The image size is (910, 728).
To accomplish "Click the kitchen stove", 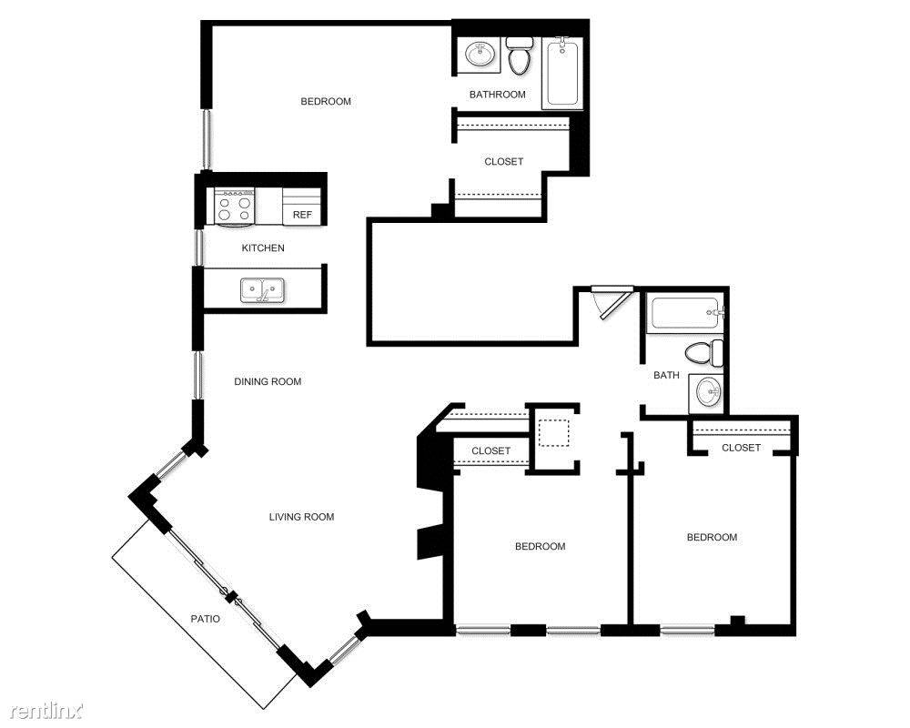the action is pyautogui.click(x=235, y=206).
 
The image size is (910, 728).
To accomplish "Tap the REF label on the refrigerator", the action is pyautogui.click(x=302, y=215).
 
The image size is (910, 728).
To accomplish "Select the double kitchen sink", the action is pyautogui.click(x=262, y=290).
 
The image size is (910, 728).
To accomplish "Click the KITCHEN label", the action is pyautogui.click(x=263, y=248).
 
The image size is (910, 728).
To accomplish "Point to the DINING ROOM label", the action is pyautogui.click(x=268, y=381).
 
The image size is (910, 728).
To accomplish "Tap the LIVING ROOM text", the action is pyautogui.click(x=302, y=517).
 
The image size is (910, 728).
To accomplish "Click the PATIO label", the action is pyautogui.click(x=206, y=619).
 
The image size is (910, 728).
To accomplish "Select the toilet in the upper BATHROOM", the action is pyautogui.click(x=519, y=56).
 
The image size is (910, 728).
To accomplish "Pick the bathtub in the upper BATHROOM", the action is pyautogui.click(x=562, y=73).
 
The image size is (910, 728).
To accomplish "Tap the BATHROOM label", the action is pyautogui.click(x=498, y=94).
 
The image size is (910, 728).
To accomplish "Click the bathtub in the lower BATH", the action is pyautogui.click(x=687, y=314).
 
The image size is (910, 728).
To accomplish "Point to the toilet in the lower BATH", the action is pyautogui.click(x=704, y=353).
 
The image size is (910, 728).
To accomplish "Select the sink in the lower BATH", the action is pyautogui.click(x=706, y=394).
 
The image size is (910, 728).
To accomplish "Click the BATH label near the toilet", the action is pyautogui.click(x=666, y=375).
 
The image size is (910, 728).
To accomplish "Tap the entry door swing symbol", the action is pyautogui.click(x=611, y=302).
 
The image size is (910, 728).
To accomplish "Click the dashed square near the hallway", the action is pyautogui.click(x=553, y=432).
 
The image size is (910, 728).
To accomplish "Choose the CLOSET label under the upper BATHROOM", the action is pyautogui.click(x=504, y=161).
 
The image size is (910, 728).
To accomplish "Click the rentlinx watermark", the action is pyautogui.click(x=46, y=710).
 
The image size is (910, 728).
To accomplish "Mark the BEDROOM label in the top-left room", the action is pyautogui.click(x=326, y=101).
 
